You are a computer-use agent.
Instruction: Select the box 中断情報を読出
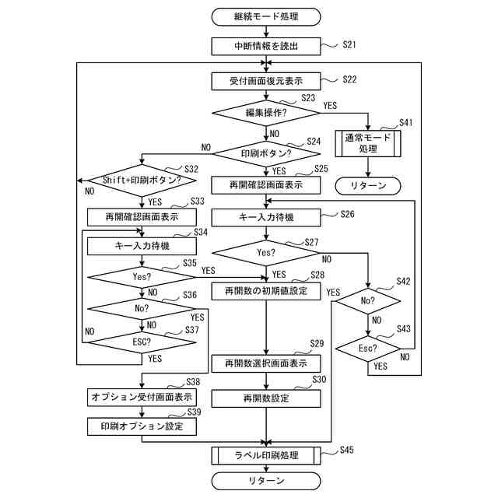(x=266, y=47)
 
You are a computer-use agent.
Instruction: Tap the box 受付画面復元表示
(x=266, y=81)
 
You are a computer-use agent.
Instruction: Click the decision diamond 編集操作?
(x=266, y=113)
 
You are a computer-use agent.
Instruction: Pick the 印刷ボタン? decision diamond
(x=266, y=153)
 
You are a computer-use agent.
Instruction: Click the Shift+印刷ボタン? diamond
(x=141, y=180)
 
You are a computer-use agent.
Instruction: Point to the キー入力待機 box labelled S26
(x=266, y=216)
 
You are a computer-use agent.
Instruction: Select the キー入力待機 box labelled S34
(x=141, y=246)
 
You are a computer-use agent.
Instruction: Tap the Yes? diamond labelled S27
(x=266, y=253)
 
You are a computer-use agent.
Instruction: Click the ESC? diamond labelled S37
(x=141, y=340)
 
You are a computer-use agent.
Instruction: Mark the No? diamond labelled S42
(x=368, y=300)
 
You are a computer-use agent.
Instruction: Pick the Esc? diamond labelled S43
(x=368, y=348)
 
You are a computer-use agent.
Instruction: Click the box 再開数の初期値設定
(x=266, y=291)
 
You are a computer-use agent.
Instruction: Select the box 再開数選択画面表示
(x=266, y=363)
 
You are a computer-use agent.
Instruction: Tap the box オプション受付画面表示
(x=141, y=397)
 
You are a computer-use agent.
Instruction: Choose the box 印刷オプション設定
(x=141, y=426)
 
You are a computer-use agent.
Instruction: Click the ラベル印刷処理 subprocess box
(x=266, y=455)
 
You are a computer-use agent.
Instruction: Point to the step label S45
(x=347, y=450)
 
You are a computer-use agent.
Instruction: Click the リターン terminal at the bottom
(x=266, y=481)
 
